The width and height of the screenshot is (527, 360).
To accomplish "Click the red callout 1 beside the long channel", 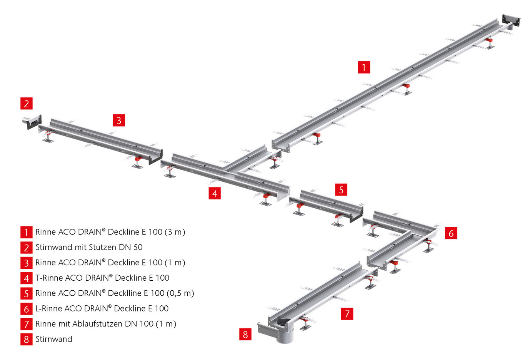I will (364, 67).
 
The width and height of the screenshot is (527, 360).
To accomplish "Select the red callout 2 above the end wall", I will (27, 103).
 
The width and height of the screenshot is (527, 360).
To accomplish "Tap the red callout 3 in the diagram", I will (119, 120).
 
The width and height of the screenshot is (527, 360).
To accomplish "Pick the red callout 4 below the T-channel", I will (215, 193).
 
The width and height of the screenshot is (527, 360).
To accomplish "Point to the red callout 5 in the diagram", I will (341, 189).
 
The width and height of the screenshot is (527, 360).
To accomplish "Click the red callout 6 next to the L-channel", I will (451, 233).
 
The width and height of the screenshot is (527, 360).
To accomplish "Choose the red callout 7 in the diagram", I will (347, 314).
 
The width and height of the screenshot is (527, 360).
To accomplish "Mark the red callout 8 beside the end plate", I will (245, 334).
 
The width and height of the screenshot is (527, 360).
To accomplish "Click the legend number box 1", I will (26, 232).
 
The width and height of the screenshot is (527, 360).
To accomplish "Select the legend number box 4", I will (26, 278).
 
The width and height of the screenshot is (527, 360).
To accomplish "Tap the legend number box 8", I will (26, 339).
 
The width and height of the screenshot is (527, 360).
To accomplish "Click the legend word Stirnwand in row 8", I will (54, 339).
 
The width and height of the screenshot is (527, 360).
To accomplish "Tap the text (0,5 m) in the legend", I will (180, 293).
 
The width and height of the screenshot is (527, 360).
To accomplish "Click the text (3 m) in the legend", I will (175, 232).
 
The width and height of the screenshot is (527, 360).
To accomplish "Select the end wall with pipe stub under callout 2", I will (32, 121).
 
